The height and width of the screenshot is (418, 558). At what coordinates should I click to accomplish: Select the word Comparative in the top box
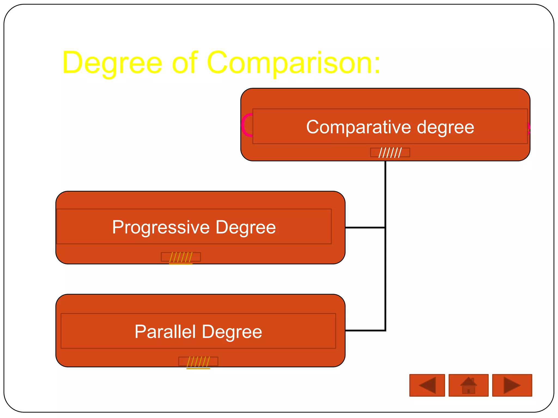[x=358, y=127]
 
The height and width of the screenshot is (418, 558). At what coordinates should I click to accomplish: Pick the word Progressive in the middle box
[x=161, y=227]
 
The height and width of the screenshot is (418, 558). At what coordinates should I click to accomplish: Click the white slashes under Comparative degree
[x=390, y=153]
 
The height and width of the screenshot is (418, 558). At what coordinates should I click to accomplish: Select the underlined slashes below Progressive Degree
[x=181, y=257]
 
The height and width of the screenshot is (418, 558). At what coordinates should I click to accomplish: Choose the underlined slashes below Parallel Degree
[x=198, y=362]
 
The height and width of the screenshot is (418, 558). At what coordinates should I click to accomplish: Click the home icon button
[x=468, y=385]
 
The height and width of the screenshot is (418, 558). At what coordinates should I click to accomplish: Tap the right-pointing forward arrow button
[x=512, y=385]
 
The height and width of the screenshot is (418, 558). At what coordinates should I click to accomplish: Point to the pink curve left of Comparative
[x=246, y=125]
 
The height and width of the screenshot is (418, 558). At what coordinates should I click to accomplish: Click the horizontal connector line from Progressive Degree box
[x=365, y=228]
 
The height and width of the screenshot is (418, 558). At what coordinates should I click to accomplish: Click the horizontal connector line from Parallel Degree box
[x=365, y=330]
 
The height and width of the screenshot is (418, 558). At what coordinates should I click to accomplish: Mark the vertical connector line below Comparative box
[x=385, y=190]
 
